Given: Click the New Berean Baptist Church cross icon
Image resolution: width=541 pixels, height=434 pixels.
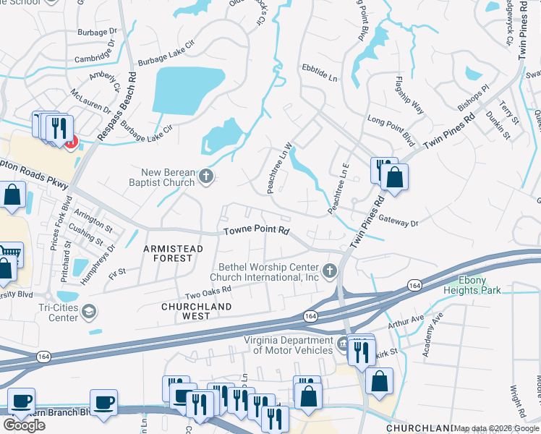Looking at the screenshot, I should pos(206,176).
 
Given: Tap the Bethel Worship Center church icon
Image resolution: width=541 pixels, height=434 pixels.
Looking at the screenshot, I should pos(330,271).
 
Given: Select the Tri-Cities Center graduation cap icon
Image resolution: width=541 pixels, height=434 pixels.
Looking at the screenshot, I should pos(88,312).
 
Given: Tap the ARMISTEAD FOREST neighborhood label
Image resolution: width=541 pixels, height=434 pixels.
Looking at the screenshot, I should pos(168,252).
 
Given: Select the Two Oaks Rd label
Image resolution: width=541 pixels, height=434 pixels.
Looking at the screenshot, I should pos(208,290).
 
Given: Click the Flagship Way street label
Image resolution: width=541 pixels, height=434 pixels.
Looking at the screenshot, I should pos(409,94).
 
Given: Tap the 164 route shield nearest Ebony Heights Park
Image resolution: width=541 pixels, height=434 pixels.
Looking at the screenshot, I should pos(415,285).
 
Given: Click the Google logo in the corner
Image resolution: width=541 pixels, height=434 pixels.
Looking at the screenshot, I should pos(24,425).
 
